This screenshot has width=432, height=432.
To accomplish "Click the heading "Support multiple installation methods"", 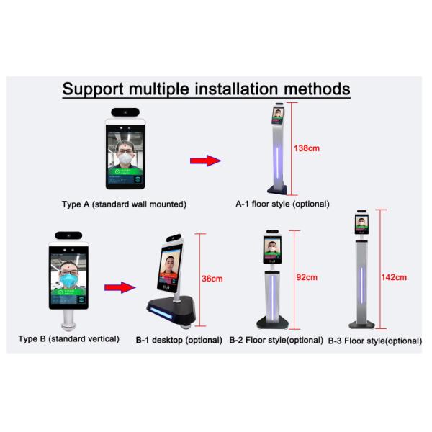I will click(206, 89).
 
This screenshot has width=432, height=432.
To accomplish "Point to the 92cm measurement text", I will click(307, 276).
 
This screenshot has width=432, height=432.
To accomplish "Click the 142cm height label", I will click(395, 276).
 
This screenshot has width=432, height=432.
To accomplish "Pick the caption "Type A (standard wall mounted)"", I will click(124, 204).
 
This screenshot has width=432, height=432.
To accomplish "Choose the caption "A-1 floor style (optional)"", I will click(283, 204).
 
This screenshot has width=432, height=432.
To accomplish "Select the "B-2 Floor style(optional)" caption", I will click(276, 340).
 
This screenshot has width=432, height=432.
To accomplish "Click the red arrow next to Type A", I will click(204, 161).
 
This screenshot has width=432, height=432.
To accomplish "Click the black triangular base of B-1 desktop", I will click(173, 310).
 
